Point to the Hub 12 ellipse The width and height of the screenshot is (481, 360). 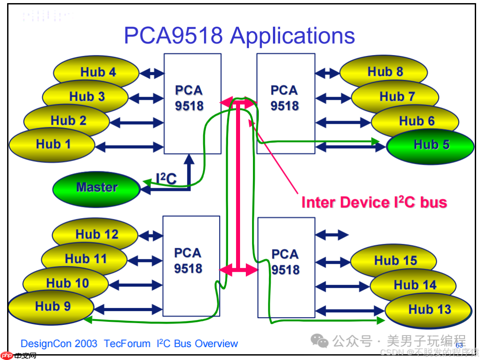point(96,234)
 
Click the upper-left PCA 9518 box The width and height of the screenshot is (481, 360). point(192,103)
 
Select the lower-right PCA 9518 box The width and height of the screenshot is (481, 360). point(286,267)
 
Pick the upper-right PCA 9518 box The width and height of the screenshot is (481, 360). point(286,103)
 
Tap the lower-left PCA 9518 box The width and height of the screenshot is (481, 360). point(191,266)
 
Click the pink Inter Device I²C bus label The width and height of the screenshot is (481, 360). point(374,202)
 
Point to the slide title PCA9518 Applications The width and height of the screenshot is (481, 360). point(239,36)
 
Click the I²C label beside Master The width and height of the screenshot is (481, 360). point(166,179)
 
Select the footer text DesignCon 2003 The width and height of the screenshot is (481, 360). point(59,344)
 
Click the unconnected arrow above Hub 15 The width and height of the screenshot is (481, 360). point(332,235)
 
